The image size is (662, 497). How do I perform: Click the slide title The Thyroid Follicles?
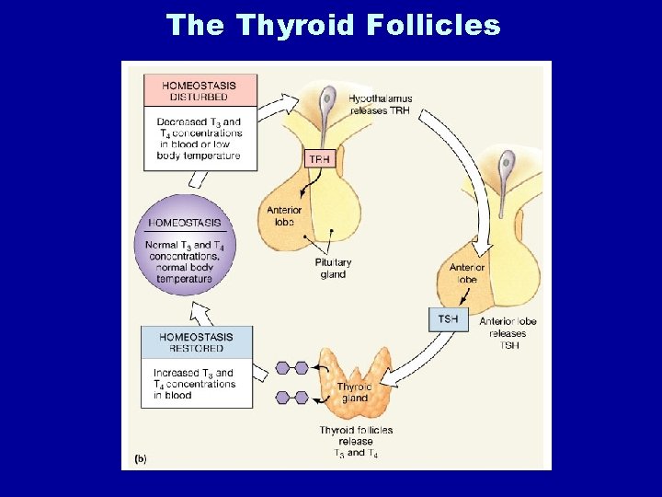[x=333, y=25]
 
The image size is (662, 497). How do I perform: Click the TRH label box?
[x=319, y=158]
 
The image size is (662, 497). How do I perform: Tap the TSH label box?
[x=448, y=318]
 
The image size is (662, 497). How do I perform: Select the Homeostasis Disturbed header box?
[x=200, y=91]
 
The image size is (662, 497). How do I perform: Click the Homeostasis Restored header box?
[x=196, y=342]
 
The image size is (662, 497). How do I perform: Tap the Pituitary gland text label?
[x=333, y=268]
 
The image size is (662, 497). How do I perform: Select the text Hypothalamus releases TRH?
[x=380, y=104]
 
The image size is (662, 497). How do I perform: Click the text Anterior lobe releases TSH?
[x=508, y=332]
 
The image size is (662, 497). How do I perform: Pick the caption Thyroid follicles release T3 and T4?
[x=356, y=441]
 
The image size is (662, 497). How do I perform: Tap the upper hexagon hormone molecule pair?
[x=291, y=368]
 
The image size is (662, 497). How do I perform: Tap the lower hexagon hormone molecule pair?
[x=291, y=398]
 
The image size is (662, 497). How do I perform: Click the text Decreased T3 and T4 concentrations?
[x=200, y=138]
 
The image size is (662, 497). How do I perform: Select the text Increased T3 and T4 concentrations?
[x=194, y=384]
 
